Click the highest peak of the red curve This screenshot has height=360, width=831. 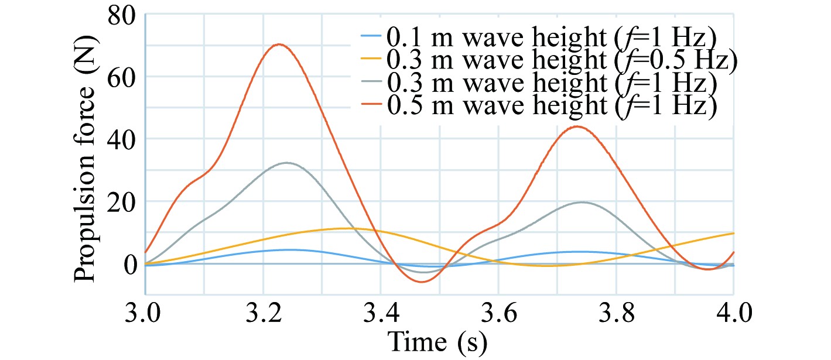tap(280, 44)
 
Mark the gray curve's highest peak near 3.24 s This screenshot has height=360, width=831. tap(286, 163)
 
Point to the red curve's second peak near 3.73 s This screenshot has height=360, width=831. tap(577, 126)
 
